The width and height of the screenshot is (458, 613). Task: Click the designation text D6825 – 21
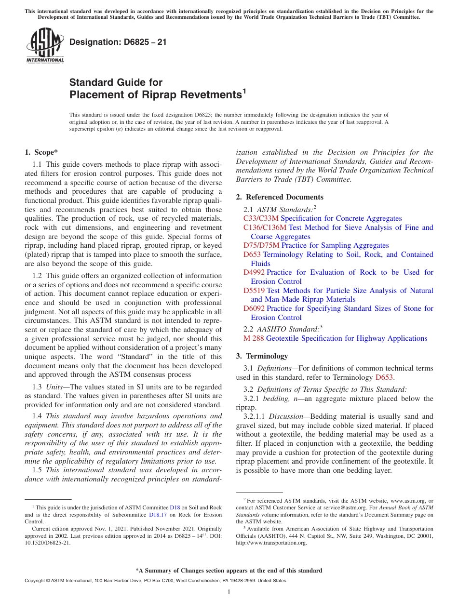(x=118, y=42)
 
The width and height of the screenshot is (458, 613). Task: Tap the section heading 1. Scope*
(x=41, y=153)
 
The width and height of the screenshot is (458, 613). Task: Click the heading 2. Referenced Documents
(x=280, y=197)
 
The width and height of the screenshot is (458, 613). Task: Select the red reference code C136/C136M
(x=265, y=227)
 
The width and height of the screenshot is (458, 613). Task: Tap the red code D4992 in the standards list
(x=254, y=272)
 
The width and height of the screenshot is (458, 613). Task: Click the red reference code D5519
(x=254, y=290)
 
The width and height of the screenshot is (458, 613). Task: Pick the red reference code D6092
(x=254, y=308)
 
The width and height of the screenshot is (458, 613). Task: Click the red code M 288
(x=254, y=338)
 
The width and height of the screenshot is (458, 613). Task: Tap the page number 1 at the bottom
(x=229, y=592)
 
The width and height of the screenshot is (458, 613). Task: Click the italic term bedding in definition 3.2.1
(x=275, y=399)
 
